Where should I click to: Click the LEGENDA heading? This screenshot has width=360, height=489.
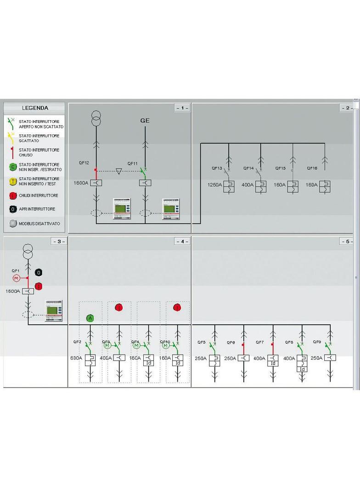[x=35, y=108]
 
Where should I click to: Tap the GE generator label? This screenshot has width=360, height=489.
[x=145, y=121]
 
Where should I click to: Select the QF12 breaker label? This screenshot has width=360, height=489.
[x=84, y=163]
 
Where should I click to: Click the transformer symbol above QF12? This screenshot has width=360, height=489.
[x=96, y=118]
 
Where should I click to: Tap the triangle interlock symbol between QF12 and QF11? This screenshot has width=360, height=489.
[x=119, y=171]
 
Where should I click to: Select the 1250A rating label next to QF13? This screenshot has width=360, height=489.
[x=214, y=184]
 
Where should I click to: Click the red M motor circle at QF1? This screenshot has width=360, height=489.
[x=16, y=278]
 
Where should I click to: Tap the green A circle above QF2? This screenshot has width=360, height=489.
[x=90, y=318]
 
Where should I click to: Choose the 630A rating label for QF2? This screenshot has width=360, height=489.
[x=76, y=358]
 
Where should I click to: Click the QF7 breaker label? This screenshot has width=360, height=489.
[x=260, y=342]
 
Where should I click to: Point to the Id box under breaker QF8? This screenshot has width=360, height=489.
[x=302, y=369]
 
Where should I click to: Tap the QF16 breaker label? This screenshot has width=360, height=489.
[x=312, y=168]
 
